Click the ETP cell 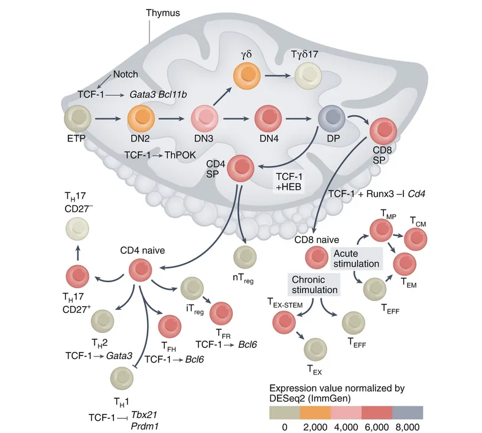click(x=77, y=118)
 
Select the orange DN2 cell click(x=141, y=118)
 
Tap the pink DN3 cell click(x=205, y=118)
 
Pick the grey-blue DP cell click(x=332, y=118)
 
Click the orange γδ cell click(x=247, y=75)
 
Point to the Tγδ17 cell click(x=308, y=75)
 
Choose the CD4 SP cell click(x=240, y=168)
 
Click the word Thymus click(x=163, y=13)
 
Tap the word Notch click(x=125, y=74)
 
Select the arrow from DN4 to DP click(x=298, y=118)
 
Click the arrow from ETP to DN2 click(x=108, y=118)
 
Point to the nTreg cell click(x=245, y=257)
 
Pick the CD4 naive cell click(x=140, y=270)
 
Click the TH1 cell click(x=122, y=378)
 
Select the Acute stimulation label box click(x=357, y=259)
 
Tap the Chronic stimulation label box click(x=314, y=285)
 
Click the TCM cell click(x=415, y=239)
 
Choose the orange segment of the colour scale click(x=315, y=412)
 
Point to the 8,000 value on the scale click(x=408, y=427)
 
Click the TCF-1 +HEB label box click(x=289, y=182)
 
